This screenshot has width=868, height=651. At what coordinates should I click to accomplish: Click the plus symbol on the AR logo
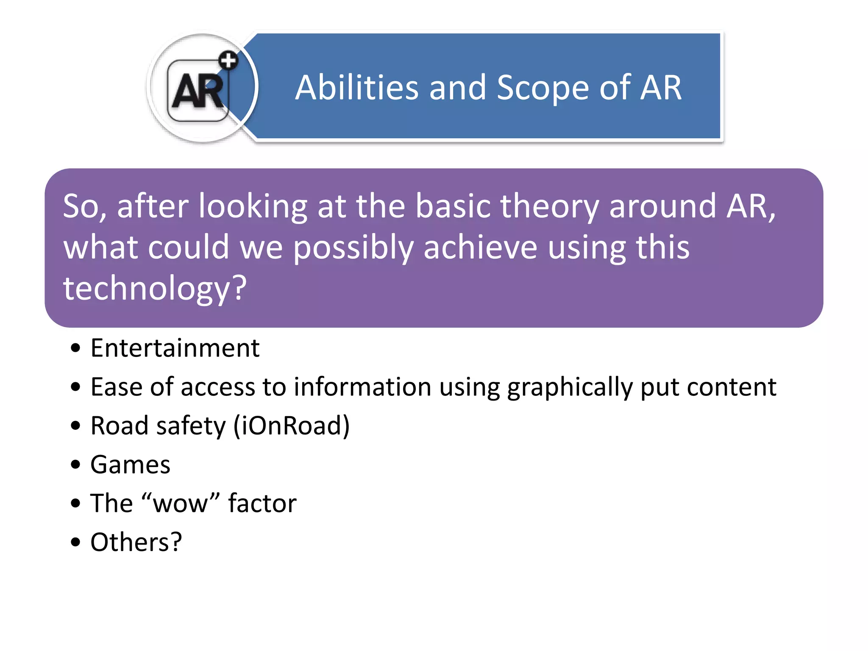coord(228,61)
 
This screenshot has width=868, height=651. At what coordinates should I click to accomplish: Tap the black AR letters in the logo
coord(198,90)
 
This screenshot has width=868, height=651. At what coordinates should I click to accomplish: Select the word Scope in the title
coord(542,88)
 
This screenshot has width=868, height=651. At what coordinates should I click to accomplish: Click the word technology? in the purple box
coord(155,288)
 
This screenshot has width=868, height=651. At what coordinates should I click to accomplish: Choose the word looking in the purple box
coord(253,206)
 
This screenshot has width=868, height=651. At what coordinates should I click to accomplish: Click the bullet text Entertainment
coord(175,348)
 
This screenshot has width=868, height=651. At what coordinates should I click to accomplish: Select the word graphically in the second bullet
coord(570,387)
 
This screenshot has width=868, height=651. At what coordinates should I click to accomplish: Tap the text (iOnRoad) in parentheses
coord(292,426)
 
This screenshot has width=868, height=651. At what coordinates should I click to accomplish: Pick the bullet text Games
coord(130,465)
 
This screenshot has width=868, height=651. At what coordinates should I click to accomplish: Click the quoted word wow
coord(180,504)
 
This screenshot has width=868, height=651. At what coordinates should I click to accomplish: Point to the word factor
coord(262,504)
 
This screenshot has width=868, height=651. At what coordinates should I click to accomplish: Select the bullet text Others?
coord(136,542)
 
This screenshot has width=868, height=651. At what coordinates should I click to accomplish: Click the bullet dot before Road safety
coord(75,426)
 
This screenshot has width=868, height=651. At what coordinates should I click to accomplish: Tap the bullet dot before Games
coord(75,465)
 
